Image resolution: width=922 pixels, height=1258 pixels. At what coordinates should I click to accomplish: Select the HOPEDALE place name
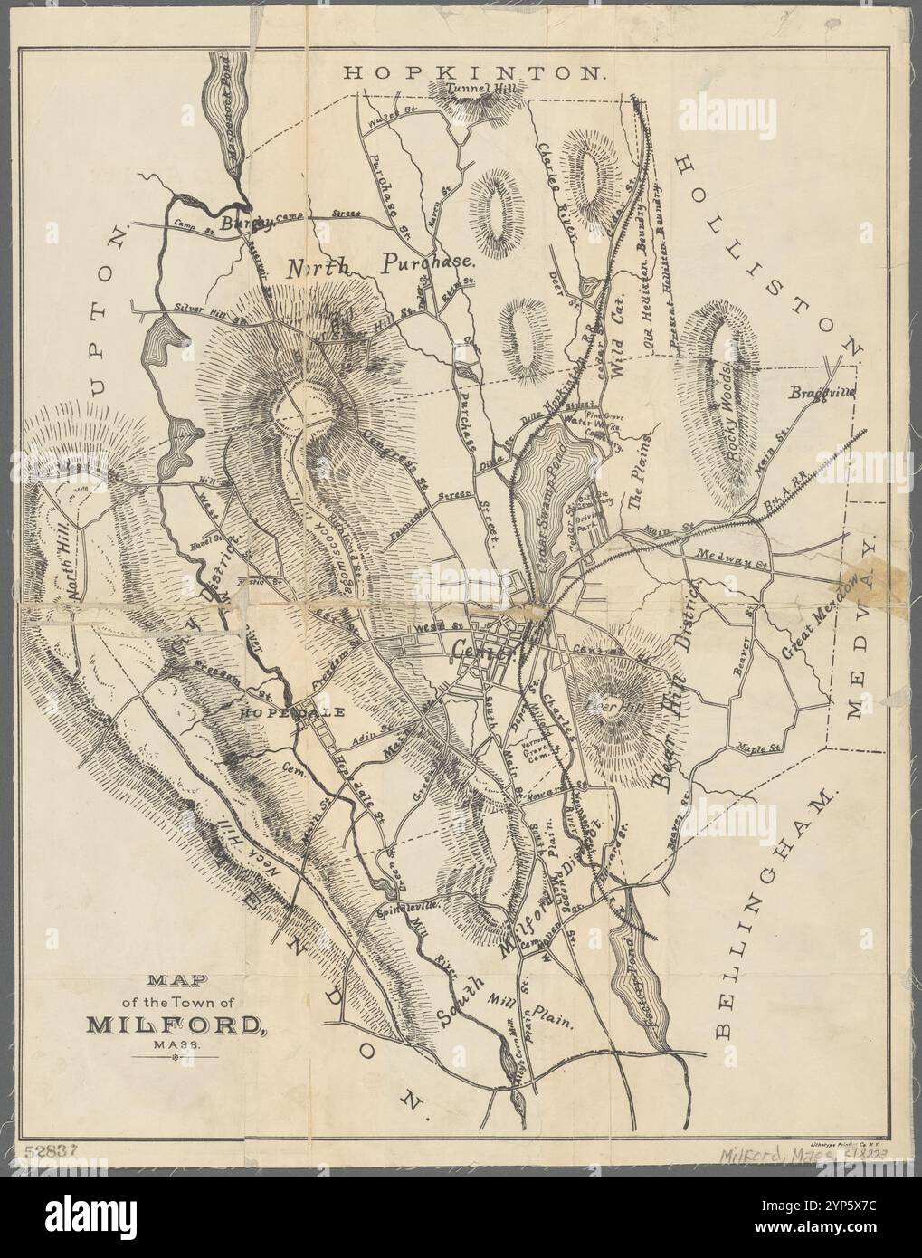pos(291,712)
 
